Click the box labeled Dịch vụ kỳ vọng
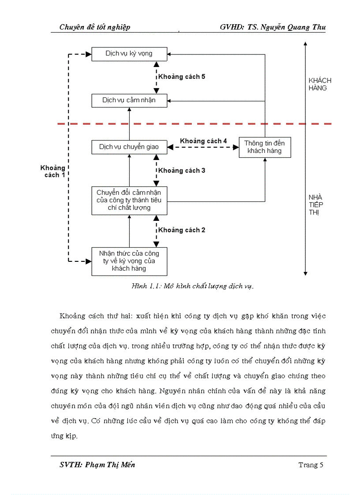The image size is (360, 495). [x=129, y=54]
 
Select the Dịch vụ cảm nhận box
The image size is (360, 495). [x=129, y=100]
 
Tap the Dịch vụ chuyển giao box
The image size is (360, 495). [x=129, y=147]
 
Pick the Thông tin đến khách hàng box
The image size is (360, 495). [x=265, y=147]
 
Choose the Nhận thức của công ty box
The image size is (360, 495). [x=129, y=261]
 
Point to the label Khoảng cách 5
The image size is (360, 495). [x=182, y=77]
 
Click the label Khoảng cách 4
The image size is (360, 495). [x=203, y=141]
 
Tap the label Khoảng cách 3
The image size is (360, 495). [x=182, y=171]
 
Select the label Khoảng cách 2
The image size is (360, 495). [x=182, y=230]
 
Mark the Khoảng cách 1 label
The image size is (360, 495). [x=53, y=171]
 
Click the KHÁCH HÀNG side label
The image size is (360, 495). [x=319, y=84]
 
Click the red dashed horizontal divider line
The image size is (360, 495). [x=199, y=124]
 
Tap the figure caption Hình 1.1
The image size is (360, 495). [x=192, y=286]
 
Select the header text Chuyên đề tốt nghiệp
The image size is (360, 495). [x=95, y=27]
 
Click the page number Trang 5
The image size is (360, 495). [x=311, y=465]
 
